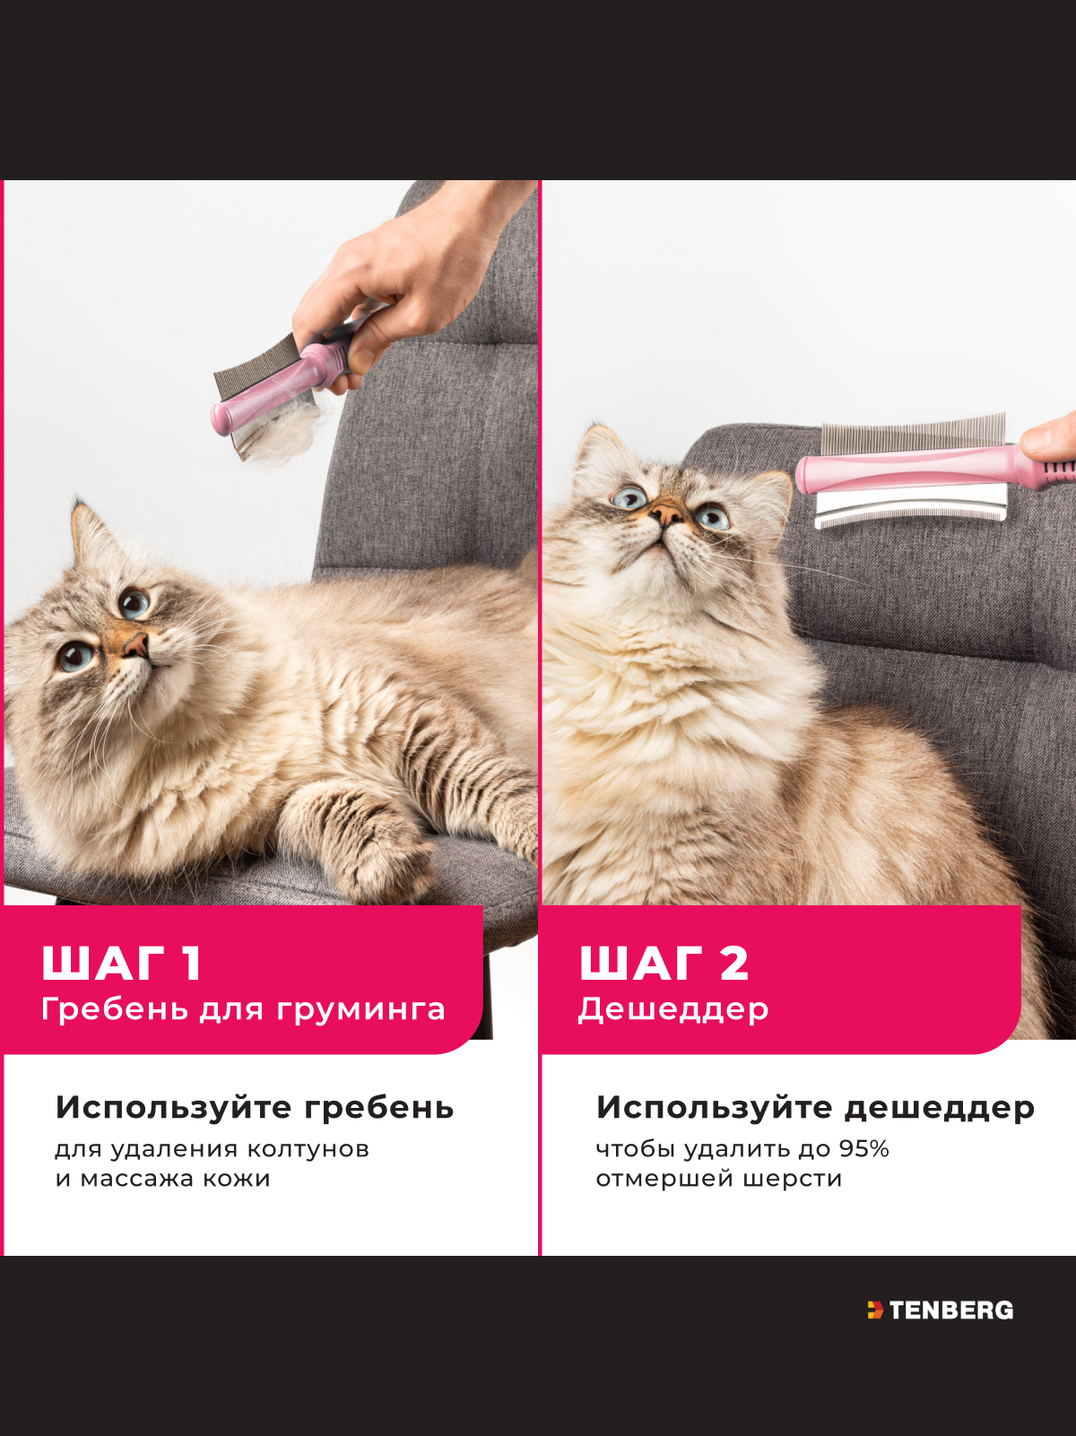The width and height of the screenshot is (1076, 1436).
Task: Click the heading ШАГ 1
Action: coord(122,963)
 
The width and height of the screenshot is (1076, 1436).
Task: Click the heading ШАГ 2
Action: coord(664,963)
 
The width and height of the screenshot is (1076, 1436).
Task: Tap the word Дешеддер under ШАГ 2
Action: coord(673,1009)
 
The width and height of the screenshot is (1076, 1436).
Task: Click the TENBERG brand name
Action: coord(951,1311)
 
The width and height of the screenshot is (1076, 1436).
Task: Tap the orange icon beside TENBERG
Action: coord(875,1310)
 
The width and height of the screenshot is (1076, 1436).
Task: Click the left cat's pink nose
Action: coord(136,646)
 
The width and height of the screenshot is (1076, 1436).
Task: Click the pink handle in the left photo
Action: coord(282,387)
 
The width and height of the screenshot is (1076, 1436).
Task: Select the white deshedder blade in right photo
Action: coord(910,505)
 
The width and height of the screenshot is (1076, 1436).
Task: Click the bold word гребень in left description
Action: coord(378,1109)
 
